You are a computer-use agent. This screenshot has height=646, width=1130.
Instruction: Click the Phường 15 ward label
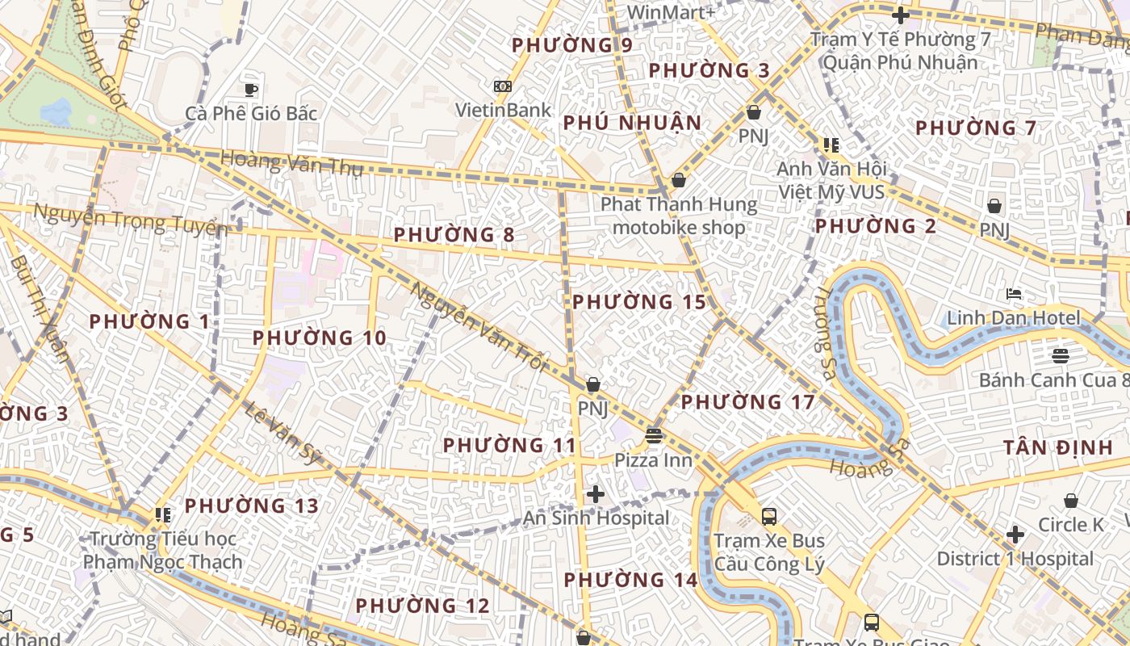point(639,302)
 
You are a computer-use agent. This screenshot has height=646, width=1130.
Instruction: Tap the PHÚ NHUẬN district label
point(632,123)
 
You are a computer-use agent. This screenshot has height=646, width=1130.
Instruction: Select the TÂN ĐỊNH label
point(1057,447)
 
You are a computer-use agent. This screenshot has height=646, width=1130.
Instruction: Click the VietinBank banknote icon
point(503,86)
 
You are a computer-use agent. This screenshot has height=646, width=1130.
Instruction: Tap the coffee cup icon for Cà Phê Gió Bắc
point(251,89)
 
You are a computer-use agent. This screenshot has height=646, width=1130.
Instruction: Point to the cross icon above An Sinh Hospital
point(596,494)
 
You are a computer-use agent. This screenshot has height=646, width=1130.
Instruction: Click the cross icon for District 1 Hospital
point(1015,535)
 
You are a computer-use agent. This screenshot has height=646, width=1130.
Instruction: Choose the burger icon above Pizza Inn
point(654,437)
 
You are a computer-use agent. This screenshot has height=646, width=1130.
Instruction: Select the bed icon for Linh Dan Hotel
point(1014,294)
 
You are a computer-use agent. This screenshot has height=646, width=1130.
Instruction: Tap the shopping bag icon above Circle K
point(1071,501)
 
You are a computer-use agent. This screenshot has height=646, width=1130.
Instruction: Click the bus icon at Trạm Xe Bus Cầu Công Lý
point(769,517)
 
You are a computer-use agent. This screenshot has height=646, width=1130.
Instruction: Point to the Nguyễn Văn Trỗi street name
point(478,326)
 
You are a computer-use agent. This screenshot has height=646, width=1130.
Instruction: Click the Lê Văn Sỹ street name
point(283,434)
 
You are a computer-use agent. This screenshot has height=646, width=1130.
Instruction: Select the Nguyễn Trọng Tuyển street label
point(129,219)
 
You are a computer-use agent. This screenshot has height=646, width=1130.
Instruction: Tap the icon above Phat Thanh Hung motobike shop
point(679,180)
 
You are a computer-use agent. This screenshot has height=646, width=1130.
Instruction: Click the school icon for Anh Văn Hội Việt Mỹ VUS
point(831,145)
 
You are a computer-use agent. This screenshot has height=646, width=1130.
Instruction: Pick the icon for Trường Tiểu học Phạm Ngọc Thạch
point(163,514)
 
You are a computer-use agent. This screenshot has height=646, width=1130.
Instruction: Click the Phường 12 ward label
point(422,606)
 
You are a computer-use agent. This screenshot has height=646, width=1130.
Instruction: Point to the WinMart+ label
point(671,12)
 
